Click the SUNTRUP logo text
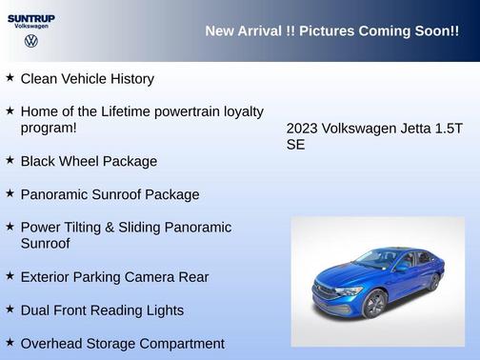pyautogui.click(x=30, y=18)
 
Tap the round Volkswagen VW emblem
pyautogui.click(x=31, y=42)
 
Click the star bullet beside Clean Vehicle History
pyautogui.click(x=10, y=77)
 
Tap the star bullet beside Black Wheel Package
pyautogui.click(x=10, y=160)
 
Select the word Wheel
pyautogui.click(x=79, y=161)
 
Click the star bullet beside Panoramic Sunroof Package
pyautogui.click(x=10, y=193)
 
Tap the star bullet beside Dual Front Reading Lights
pyautogui.click(x=10, y=310)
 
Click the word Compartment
pyautogui.click(x=179, y=344)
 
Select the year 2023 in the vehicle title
pyautogui.click(x=302, y=129)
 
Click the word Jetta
pyautogui.click(x=405, y=129)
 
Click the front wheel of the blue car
pyautogui.click(x=374, y=304)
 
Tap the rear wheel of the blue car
pyautogui.click(x=433, y=282)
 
